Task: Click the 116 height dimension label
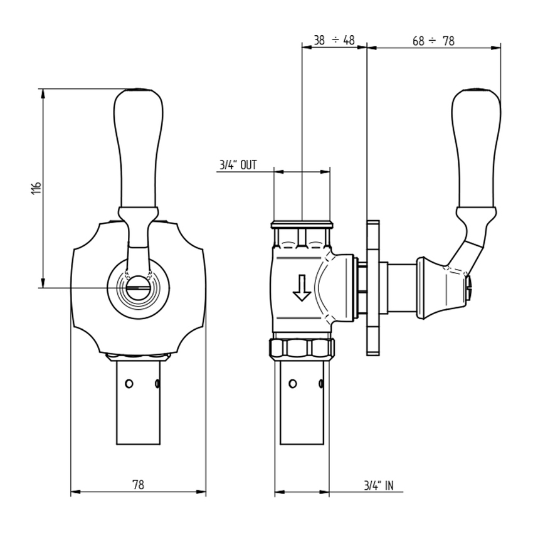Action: click(36, 187)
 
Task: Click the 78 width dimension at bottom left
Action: click(138, 485)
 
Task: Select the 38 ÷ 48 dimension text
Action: click(334, 41)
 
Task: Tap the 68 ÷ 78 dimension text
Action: click(433, 41)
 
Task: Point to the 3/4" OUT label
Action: click(238, 165)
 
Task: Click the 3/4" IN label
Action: click(379, 485)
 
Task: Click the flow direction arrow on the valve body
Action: click(302, 287)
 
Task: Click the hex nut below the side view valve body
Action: click(302, 348)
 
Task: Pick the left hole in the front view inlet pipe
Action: click(129, 384)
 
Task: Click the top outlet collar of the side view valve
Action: click(302, 224)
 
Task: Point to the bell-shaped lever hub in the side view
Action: click(439, 285)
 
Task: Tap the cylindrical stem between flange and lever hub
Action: click(401, 287)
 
